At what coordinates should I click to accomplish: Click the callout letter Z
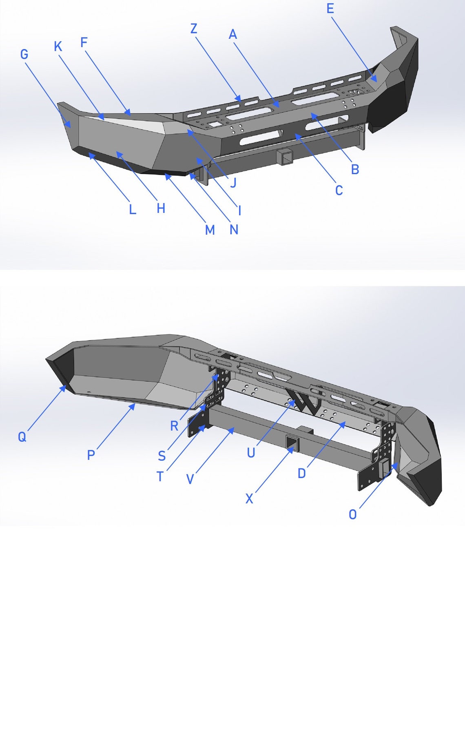pyautogui.click(x=194, y=29)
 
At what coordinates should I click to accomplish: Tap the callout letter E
pyautogui.click(x=330, y=9)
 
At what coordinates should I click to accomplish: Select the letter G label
pyautogui.click(x=24, y=54)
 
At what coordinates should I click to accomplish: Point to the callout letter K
pyautogui.click(x=58, y=46)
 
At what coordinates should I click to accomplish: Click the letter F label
pyautogui.click(x=84, y=42)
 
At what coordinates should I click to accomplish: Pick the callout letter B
pyautogui.click(x=355, y=169)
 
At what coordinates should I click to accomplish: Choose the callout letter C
pyautogui.click(x=339, y=190)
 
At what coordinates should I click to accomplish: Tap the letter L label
pyautogui.click(x=132, y=210)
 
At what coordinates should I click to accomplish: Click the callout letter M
pyautogui.click(x=210, y=230)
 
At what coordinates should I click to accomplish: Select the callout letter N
pyautogui.click(x=234, y=230)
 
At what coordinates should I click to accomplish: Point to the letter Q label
pyautogui.click(x=22, y=437)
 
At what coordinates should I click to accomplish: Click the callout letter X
pyautogui.click(x=249, y=498)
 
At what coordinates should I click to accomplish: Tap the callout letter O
pyautogui.click(x=353, y=514)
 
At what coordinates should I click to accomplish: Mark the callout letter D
pyautogui.click(x=302, y=473)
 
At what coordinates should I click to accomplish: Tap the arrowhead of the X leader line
pyautogui.click(x=292, y=448)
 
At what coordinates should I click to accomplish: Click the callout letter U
pyautogui.click(x=251, y=453)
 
